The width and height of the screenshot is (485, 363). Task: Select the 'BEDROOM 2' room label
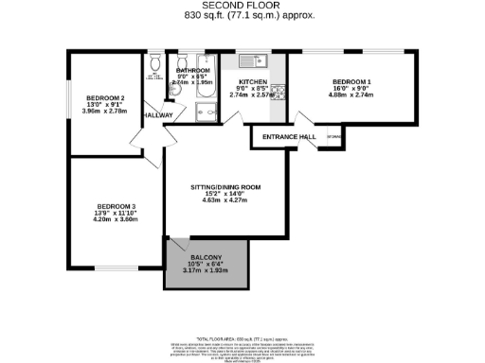pyautogui.click(x=104, y=97)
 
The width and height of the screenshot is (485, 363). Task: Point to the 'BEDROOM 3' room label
pyautogui.click(x=116, y=207)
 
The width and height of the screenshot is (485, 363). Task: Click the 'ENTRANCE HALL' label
pyautogui.click(x=281, y=138)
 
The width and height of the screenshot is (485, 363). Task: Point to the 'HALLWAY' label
pyautogui.click(x=157, y=115)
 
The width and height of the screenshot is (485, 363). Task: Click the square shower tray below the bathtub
pyautogui.click(x=207, y=112)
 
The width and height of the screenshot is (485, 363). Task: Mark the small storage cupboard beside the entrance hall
pyautogui.click(x=332, y=137)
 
